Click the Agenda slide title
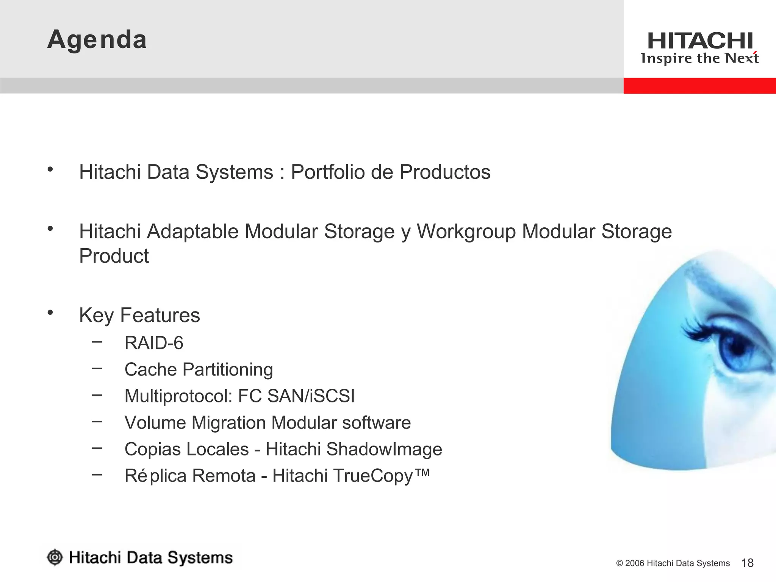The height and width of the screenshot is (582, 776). click(97, 40)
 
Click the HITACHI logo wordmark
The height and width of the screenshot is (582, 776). click(700, 41)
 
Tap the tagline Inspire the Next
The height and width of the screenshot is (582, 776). click(699, 58)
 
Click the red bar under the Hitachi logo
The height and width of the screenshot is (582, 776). click(699, 86)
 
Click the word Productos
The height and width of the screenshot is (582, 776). click(445, 172)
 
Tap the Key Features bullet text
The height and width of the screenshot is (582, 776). click(139, 315)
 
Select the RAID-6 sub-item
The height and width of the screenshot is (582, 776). click(154, 343)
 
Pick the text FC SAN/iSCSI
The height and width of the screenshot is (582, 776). click(296, 396)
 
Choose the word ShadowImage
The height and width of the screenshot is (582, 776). click(384, 449)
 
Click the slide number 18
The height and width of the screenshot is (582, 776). click(747, 563)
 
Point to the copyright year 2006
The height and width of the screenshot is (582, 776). click(635, 563)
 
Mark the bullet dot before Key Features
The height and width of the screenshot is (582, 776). click(50, 313)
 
